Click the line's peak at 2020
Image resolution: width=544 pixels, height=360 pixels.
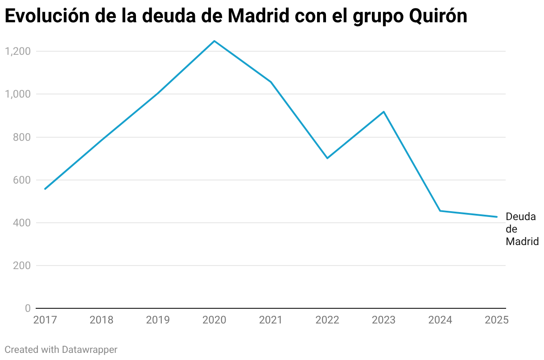214,41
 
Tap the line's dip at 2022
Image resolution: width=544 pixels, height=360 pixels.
327,158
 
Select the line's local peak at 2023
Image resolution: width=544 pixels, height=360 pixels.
383,111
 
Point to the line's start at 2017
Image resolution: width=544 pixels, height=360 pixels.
45,189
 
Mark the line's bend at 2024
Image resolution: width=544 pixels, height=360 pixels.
440,211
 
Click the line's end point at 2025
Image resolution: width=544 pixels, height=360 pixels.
497,217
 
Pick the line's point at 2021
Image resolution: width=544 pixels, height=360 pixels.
271,82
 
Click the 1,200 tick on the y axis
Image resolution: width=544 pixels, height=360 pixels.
17,51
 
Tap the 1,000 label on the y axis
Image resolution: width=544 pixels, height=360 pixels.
17,94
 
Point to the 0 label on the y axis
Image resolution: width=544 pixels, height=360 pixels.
28,308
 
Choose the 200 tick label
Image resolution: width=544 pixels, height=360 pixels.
21,266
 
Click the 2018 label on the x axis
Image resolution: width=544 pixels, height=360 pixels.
101,320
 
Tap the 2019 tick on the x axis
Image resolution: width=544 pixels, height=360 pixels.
158,320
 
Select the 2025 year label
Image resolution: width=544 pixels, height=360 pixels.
497,320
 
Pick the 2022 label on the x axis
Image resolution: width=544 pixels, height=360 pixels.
327,320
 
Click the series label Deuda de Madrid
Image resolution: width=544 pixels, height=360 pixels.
522,229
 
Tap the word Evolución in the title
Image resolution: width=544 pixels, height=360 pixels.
46,16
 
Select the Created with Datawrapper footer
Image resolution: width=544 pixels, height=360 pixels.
61,350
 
